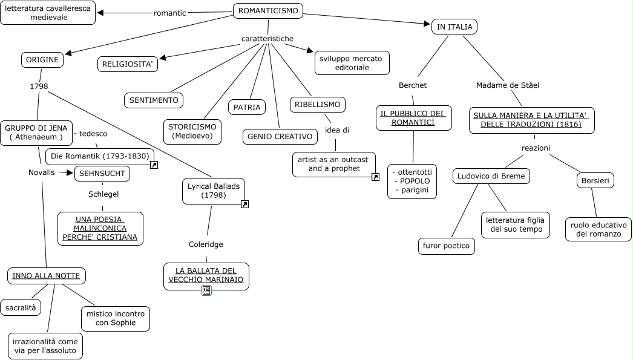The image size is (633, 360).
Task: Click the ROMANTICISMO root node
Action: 267,11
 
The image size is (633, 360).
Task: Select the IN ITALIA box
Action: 454,27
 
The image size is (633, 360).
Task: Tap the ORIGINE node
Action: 42,60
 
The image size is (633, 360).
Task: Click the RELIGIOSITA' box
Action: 128,64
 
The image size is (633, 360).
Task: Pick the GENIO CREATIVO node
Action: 280,137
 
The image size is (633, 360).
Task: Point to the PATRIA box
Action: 247,107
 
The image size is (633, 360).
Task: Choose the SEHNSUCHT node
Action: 102,174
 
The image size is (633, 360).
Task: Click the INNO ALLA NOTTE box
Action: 46,276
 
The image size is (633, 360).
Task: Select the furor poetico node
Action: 447,246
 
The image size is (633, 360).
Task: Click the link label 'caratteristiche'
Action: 267,39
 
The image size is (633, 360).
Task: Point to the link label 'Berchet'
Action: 413,85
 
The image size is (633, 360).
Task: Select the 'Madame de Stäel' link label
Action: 507,85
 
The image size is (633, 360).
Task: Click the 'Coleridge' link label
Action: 206,244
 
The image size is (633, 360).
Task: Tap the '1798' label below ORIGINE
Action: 39,87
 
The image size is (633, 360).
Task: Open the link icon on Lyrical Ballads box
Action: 244,205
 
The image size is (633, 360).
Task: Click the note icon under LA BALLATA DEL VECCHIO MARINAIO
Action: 206,291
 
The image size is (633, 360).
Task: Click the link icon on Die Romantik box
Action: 154,165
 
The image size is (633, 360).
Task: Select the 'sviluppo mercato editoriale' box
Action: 352,63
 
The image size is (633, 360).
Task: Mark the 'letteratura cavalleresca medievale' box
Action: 48,13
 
